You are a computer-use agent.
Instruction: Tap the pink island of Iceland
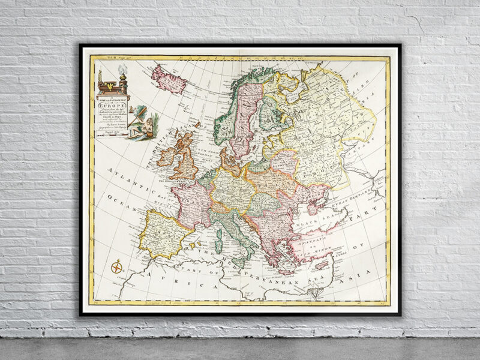[169, 79]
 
